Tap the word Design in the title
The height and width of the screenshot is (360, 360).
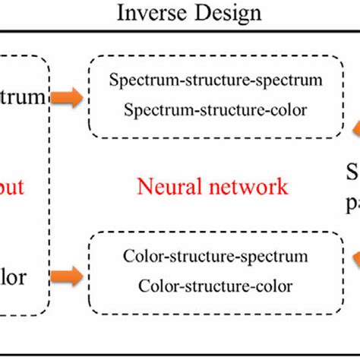click(x=228, y=13)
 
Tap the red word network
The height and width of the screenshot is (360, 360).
click(x=246, y=187)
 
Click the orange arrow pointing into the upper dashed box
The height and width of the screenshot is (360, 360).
click(x=68, y=98)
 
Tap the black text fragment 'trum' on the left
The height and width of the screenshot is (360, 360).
click(x=23, y=97)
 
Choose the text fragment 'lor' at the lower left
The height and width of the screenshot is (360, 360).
click(x=15, y=276)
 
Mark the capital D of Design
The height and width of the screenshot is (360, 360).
click(x=205, y=13)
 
